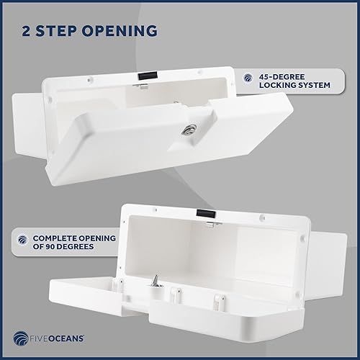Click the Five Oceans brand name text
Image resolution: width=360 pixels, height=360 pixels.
pos(60,334)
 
